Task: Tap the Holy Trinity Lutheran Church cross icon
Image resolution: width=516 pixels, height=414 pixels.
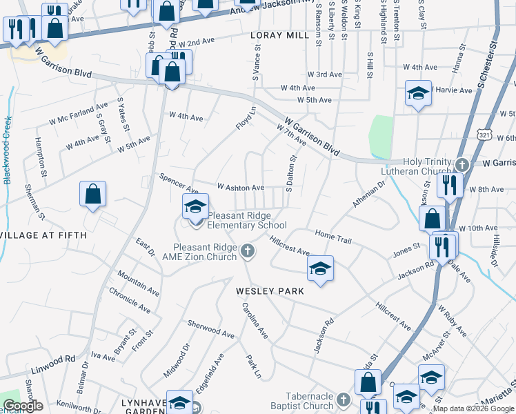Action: [x=462, y=164]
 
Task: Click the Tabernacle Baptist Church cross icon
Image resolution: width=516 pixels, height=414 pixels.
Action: [x=343, y=399]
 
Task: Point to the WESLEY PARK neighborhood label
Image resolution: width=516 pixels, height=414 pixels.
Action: [x=270, y=291]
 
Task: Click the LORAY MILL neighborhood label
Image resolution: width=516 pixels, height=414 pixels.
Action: [x=280, y=35]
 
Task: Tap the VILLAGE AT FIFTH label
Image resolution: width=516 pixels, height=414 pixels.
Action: [x=43, y=235]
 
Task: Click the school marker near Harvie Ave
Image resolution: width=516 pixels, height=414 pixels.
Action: [x=418, y=93]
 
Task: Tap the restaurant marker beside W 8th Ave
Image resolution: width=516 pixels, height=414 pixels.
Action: [x=449, y=185]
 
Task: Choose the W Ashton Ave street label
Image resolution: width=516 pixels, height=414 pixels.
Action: [x=241, y=187]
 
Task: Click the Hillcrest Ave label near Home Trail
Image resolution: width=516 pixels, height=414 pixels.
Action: [x=290, y=246]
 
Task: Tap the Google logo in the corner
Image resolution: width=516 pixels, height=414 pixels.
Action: [x=23, y=405]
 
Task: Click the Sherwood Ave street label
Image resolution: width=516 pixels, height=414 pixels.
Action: [x=211, y=328]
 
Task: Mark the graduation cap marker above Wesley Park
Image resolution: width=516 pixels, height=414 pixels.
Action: [x=319, y=268]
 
